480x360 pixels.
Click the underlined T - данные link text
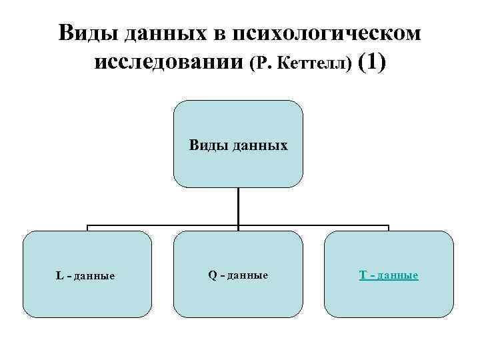tap(389, 275)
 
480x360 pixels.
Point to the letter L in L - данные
tap(59, 275)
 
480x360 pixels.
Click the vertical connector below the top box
tap(238, 207)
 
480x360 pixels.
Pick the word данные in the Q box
tap(247, 275)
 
